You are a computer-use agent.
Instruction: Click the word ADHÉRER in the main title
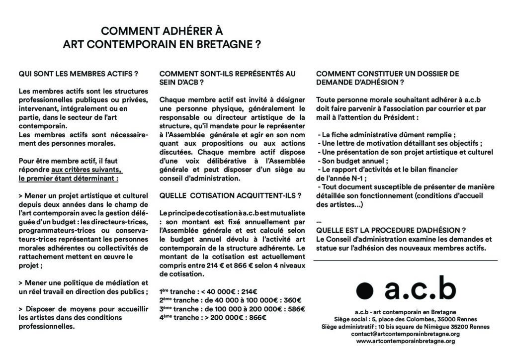click(189, 31)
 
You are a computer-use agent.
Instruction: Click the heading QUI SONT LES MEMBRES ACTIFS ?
click(78, 74)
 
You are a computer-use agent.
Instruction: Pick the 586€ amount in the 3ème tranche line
click(296, 308)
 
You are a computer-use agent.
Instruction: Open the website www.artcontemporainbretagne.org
click(405, 341)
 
